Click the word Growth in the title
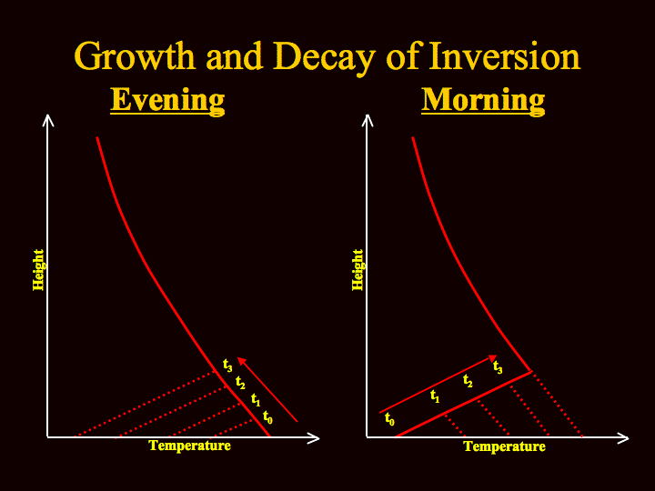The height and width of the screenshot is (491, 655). click(x=135, y=56)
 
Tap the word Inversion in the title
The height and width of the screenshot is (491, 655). click(x=505, y=56)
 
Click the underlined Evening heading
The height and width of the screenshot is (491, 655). click(x=167, y=100)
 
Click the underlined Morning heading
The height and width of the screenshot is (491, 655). click(x=483, y=100)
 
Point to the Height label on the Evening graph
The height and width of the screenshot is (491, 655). click(x=38, y=270)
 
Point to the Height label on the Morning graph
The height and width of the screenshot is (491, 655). click(x=358, y=270)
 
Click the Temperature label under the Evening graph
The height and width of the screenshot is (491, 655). click(x=189, y=446)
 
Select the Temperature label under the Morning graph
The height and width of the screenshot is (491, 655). click(x=505, y=446)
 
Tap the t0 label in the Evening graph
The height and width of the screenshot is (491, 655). click(x=267, y=417)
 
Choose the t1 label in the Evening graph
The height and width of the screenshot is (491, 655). click(x=256, y=399)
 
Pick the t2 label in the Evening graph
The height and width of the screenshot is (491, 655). click(x=240, y=383)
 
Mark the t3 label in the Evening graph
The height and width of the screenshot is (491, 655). click(x=227, y=366)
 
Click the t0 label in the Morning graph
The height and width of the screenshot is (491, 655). click(x=389, y=419)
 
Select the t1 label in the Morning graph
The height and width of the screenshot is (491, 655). click(x=435, y=396)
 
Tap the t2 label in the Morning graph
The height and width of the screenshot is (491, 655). click(x=468, y=381)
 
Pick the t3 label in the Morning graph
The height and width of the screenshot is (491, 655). click(x=498, y=367)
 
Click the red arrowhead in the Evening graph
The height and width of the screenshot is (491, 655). click(x=241, y=361)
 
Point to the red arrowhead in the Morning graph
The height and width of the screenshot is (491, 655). click(x=493, y=358)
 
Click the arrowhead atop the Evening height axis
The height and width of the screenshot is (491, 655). click(x=48, y=120)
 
